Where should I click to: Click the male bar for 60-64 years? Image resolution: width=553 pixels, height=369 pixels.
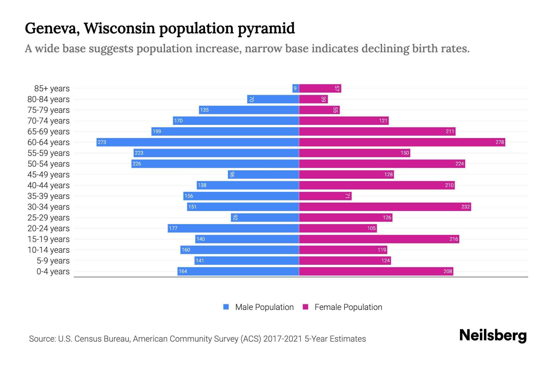(x=198, y=142)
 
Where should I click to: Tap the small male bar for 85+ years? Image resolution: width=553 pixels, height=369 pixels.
(x=296, y=89)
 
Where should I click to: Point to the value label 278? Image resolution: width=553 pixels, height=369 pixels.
(x=500, y=142)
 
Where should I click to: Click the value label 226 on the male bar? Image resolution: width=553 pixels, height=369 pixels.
(x=137, y=164)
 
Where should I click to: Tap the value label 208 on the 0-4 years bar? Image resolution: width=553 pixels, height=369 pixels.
(x=448, y=271)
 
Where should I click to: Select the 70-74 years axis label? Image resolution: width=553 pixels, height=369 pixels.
(x=49, y=121)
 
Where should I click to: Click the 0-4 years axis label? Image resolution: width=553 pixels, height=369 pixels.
(x=53, y=272)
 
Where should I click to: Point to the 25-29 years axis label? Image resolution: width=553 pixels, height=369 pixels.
(x=49, y=218)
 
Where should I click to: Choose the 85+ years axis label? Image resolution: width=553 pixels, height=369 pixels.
(x=52, y=89)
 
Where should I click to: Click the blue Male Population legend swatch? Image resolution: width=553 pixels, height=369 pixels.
(x=226, y=307)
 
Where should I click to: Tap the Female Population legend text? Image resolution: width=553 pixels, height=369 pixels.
(x=348, y=307)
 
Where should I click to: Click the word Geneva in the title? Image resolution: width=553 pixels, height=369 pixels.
(x=51, y=29)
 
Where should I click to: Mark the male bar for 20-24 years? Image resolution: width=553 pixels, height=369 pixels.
(x=233, y=228)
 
